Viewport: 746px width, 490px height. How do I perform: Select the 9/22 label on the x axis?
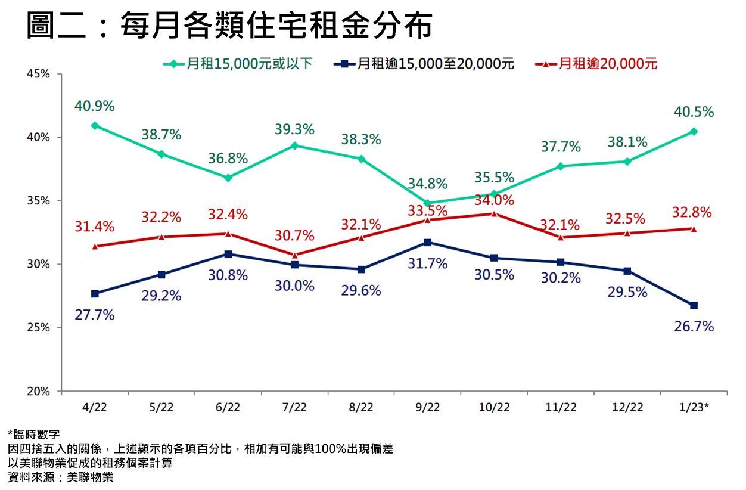point(427,408)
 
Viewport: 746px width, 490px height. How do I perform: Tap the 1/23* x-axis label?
point(694,408)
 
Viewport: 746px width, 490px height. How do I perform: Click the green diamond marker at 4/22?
point(95,126)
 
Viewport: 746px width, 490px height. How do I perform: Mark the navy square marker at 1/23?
point(694,305)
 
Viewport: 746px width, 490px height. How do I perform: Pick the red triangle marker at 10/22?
point(494,213)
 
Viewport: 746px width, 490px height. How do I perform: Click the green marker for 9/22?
point(427,203)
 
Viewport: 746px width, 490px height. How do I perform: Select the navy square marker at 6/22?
point(228,254)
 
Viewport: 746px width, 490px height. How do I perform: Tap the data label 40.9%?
point(95,106)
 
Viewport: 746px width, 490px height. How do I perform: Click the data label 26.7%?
point(694,327)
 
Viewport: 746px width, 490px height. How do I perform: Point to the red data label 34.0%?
point(494,200)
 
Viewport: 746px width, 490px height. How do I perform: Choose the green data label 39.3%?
point(294,129)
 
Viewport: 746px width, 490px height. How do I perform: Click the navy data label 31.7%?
point(427,263)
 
